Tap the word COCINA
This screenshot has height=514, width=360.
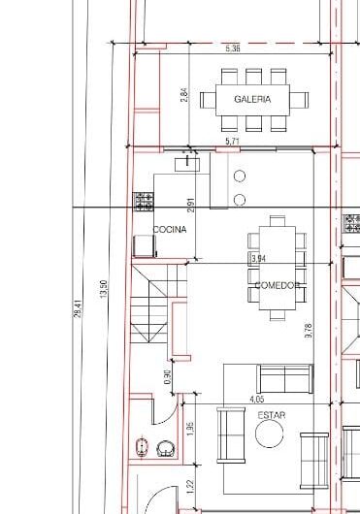[170, 229]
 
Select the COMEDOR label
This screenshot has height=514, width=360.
[277, 285]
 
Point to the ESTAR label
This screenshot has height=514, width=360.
[272, 415]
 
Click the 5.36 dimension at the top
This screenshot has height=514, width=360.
[232, 48]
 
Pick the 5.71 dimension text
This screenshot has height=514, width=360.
[232, 143]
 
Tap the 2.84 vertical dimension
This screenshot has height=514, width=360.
[184, 95]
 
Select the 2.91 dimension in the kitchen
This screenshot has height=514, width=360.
[192, 205]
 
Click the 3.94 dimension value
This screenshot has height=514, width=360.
[258, 259]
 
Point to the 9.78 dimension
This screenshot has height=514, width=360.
[309, 329]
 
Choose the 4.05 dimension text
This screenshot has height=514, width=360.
[257, 398]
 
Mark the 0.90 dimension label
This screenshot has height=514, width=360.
[168, 377]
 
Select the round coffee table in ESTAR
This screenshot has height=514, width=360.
[270, 435]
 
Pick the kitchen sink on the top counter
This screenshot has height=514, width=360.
[184, 164]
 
